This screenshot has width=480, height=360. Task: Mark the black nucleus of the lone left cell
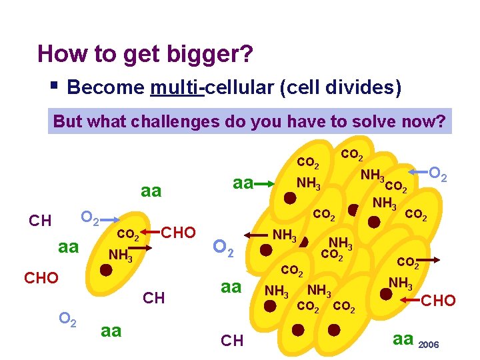[105, 271]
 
